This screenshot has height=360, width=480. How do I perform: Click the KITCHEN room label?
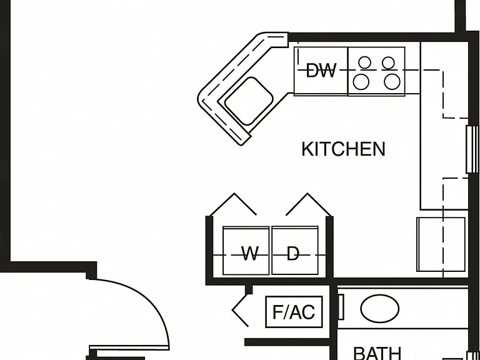click(x=343, y=149)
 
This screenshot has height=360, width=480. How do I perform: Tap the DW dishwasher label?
click(x=321, y=71)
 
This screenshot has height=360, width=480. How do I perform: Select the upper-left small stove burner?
click(x=364, y=62)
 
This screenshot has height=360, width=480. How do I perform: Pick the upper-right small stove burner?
click(x=388, y=62)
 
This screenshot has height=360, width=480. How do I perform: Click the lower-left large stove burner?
click(x=361, y=82)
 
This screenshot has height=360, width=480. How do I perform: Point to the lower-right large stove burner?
click(x=392, y=82)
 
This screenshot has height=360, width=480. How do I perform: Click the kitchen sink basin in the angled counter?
click(x=249, y=101)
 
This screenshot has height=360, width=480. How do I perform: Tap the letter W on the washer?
click(x=250, y=254)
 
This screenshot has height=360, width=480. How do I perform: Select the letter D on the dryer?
click(x=293, y=254)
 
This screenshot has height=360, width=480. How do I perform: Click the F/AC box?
click(x=294, y=312)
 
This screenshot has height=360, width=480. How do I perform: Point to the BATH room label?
click(x=377, y=353)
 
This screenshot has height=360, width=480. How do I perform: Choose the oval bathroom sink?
click(x=379, y=309)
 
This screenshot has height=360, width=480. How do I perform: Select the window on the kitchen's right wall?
click(x=472, y=149)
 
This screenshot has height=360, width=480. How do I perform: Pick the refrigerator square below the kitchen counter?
click(x=441, y=244)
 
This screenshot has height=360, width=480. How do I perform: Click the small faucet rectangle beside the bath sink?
click(x=341, y=307)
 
